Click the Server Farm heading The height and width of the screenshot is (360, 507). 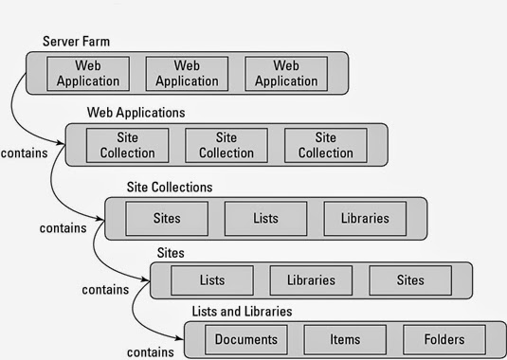[x=75, y=43]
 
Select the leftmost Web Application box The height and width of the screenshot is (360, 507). [x=88, y=73]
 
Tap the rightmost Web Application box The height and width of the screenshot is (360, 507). [x=286, y=73]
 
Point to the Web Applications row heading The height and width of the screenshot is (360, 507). [x=136, y=112]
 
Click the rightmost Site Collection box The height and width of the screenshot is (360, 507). [x=325, y=145]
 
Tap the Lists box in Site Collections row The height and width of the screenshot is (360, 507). [x=265, y=218]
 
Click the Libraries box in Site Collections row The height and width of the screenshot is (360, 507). [x=365, y=218]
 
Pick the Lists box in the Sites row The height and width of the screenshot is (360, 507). [x=212, y=280]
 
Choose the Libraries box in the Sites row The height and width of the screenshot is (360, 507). [x=311, y=280]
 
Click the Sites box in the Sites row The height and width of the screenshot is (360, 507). [x=410, y=280]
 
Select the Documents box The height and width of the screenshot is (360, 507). [x=245, y=339]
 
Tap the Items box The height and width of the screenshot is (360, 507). [x=345, y=339]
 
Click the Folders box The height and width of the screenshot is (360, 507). [x=444, y=339]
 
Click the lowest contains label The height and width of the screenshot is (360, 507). [x=150, y=351]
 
